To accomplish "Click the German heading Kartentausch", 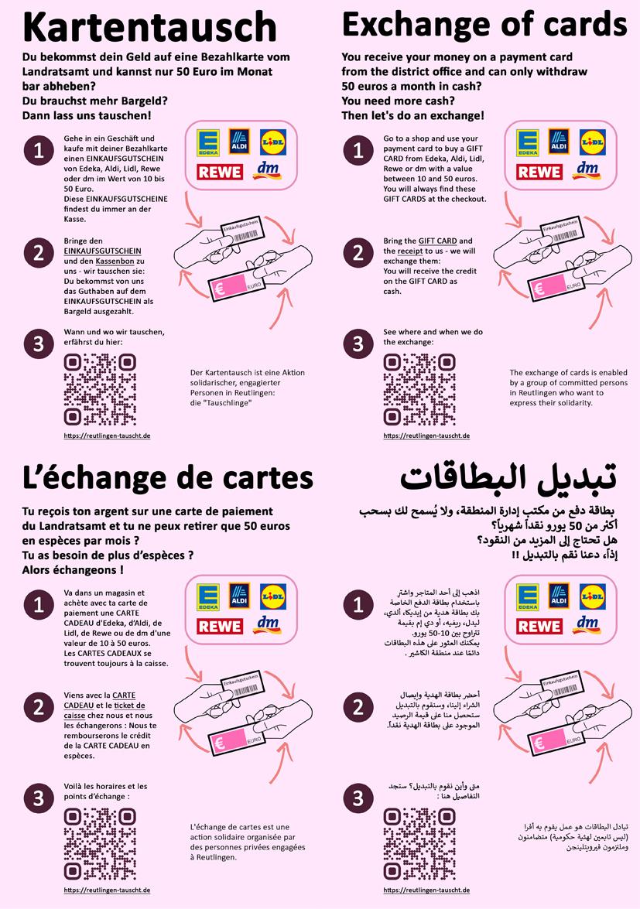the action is (149, 26).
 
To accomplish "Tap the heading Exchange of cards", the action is (484, 24).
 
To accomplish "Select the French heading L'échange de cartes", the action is (167, 479).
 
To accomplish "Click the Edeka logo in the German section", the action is (208, 143).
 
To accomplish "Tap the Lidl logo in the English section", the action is (593, 142).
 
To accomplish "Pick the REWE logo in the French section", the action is (220, 627).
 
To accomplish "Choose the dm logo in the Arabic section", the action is (587, 624).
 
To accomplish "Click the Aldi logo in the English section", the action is (559, 141).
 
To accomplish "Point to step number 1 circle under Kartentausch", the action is (39, 151).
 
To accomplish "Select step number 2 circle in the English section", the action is (358, 253).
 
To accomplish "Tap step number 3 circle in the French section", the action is (39, 798).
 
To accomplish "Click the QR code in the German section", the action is (101, 390).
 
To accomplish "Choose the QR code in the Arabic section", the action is (419, 844).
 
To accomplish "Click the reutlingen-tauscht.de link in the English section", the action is (426, 436).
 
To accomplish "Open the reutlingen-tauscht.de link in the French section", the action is (108, 890).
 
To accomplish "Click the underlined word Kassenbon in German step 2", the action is (115, 261).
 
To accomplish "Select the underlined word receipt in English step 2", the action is (410, 251).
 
